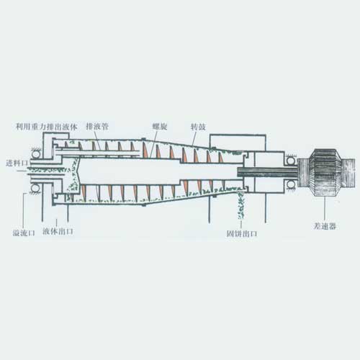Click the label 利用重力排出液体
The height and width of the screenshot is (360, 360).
pyautogui.click(x=46, y=127)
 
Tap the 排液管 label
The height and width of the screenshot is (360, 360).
pyautogui.click(x=97, y=127)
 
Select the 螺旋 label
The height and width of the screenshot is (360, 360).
pyautogui.click(x=160, y=127)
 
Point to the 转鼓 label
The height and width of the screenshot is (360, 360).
pyautogui.click(x=198, y=127)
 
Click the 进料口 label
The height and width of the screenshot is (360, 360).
pyautogui.click(x=17, y=163)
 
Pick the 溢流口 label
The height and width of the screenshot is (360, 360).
pyautogui.click(x=24, y=233)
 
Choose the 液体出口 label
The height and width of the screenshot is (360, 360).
pyautogui.click(x=58, y=232)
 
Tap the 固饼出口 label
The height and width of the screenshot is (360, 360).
pyautogui.click(x=242, y=233)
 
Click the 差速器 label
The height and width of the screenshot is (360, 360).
pyautogui.click(x=325, y=226)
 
